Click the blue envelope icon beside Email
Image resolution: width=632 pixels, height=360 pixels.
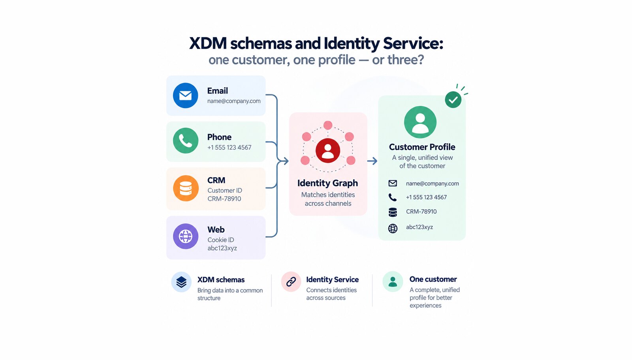(x=185, y=95)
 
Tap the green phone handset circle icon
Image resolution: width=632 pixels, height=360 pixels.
(x=185, y=141)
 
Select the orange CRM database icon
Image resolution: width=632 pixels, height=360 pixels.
(x=186, y=188)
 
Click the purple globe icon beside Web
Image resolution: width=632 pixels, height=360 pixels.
(x=186, y=236)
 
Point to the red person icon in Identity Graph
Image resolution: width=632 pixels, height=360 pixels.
(x=327, y=150)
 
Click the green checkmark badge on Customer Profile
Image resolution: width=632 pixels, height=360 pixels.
(x=453, y=99)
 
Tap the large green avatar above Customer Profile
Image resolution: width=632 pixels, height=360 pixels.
(x=420, y=122)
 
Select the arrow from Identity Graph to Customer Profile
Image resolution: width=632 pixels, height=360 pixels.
(x=372, y=161)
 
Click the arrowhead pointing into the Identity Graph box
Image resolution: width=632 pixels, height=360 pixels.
(x=286, y=161)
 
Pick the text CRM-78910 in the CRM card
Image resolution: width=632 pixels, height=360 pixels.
(x=224, y=199)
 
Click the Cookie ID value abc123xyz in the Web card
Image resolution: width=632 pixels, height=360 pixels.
(x=222, y=248)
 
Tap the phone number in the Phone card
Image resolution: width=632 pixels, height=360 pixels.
(x=229, y=148)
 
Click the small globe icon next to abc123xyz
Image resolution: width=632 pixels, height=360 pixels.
(x=393, y=228)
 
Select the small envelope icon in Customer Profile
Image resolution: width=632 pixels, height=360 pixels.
(x=393, y=183)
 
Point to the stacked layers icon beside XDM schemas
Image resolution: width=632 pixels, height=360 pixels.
(x=181, y=282)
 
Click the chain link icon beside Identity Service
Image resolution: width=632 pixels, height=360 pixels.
(x=291, y=281)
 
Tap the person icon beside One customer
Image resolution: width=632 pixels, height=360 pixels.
(x=393, y=281)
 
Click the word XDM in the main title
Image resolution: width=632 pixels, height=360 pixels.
(x=208, y=43)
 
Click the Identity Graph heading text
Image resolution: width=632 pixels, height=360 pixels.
(x=327, y=183)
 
